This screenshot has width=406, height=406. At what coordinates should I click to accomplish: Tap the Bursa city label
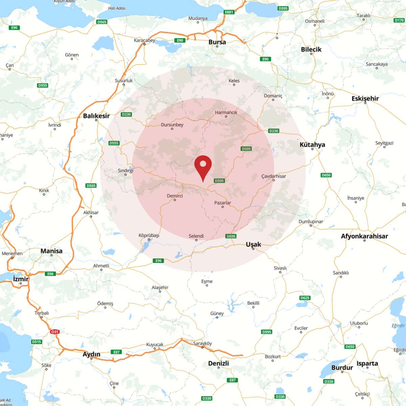217,42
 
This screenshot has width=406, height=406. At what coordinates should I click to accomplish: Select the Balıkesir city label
96,116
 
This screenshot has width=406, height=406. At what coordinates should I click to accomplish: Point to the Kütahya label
312,144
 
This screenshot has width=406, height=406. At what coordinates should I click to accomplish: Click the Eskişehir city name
365,98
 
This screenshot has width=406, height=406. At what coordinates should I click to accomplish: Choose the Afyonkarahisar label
364,236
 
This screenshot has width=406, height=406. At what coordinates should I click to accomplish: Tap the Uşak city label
253,244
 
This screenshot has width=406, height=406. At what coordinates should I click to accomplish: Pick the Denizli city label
219,363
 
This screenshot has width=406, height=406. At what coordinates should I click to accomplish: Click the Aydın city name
92,354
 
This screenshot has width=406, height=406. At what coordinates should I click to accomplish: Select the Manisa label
51,251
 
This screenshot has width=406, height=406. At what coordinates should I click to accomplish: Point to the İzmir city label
21,279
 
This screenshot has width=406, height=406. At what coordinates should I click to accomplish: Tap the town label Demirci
175,196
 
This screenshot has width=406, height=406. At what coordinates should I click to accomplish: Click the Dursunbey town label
172,125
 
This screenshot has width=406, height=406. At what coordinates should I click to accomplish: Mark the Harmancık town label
226,112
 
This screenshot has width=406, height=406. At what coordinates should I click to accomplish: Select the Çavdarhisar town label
274,176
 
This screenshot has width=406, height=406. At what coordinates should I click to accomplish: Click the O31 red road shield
55,332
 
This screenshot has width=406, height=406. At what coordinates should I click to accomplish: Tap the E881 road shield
229,12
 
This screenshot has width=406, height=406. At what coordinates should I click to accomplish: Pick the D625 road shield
305,298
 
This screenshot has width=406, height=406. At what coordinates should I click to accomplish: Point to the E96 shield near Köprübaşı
159,261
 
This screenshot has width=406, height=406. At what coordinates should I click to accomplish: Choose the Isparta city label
367,363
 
